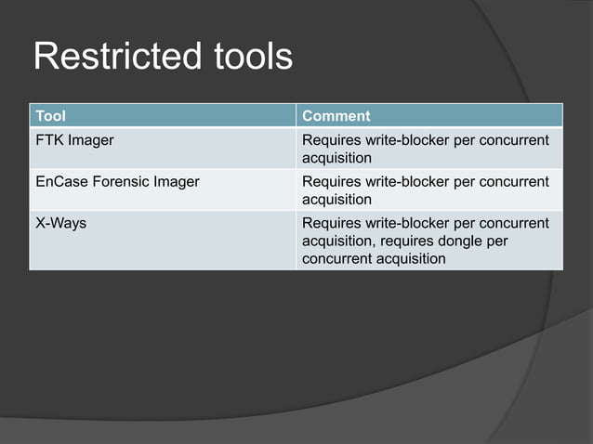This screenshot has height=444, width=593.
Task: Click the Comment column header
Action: (336, 116)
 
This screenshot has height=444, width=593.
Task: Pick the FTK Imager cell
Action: (73, 140)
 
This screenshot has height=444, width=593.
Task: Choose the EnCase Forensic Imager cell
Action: (116, 182)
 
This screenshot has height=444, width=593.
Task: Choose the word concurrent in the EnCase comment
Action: (514, 182)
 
